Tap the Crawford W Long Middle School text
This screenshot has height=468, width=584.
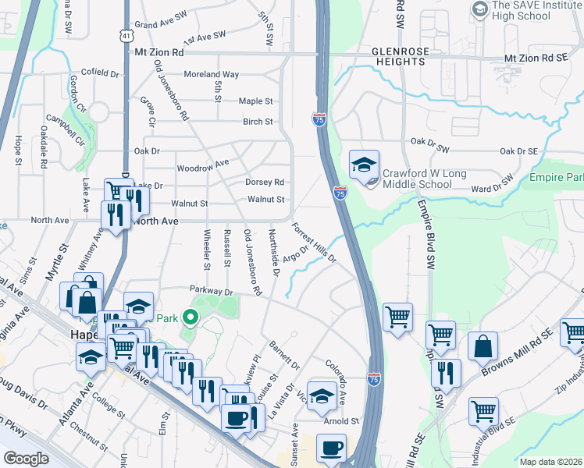click(417, 179)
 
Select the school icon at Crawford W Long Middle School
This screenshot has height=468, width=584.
click(364, 165)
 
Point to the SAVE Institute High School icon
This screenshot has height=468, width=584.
click(479, 9)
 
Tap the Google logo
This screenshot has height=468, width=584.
click(26, 459)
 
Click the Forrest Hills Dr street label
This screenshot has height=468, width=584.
click(314, 243)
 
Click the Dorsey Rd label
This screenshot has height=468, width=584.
click(264, 182)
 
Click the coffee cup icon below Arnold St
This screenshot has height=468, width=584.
click(332, 449)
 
